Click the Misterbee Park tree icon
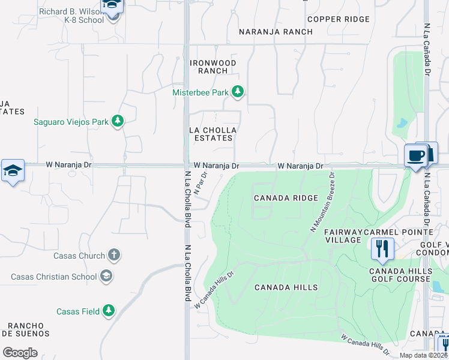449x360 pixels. click(238, 92)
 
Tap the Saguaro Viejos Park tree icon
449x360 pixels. click(118, 121)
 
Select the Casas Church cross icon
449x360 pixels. click(114, 255)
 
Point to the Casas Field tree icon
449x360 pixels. click(108, 311)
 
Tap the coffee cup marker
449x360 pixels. click(415, 156)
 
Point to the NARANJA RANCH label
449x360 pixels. click(276, 32)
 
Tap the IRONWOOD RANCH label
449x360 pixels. click(212, 67)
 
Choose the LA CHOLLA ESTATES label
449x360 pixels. click(212, 134)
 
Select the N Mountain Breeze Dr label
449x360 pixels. click(322, 202)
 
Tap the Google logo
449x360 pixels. click(20, 352)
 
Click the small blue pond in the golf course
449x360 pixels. click(400, 124)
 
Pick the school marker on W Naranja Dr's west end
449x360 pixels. click(13, 170)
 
